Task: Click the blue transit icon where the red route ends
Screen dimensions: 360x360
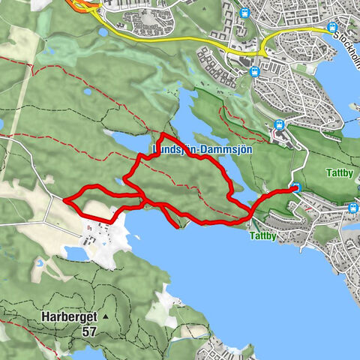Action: pos(295,188)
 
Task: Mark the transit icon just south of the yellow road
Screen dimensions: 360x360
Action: pos(254,71)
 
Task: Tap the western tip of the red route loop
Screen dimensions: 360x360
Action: pos(66,201)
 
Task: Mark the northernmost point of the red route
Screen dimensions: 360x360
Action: pos(163,134)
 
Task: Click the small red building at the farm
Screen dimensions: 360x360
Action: pos(88,227)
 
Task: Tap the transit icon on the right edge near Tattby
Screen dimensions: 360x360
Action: pos(352,208)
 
